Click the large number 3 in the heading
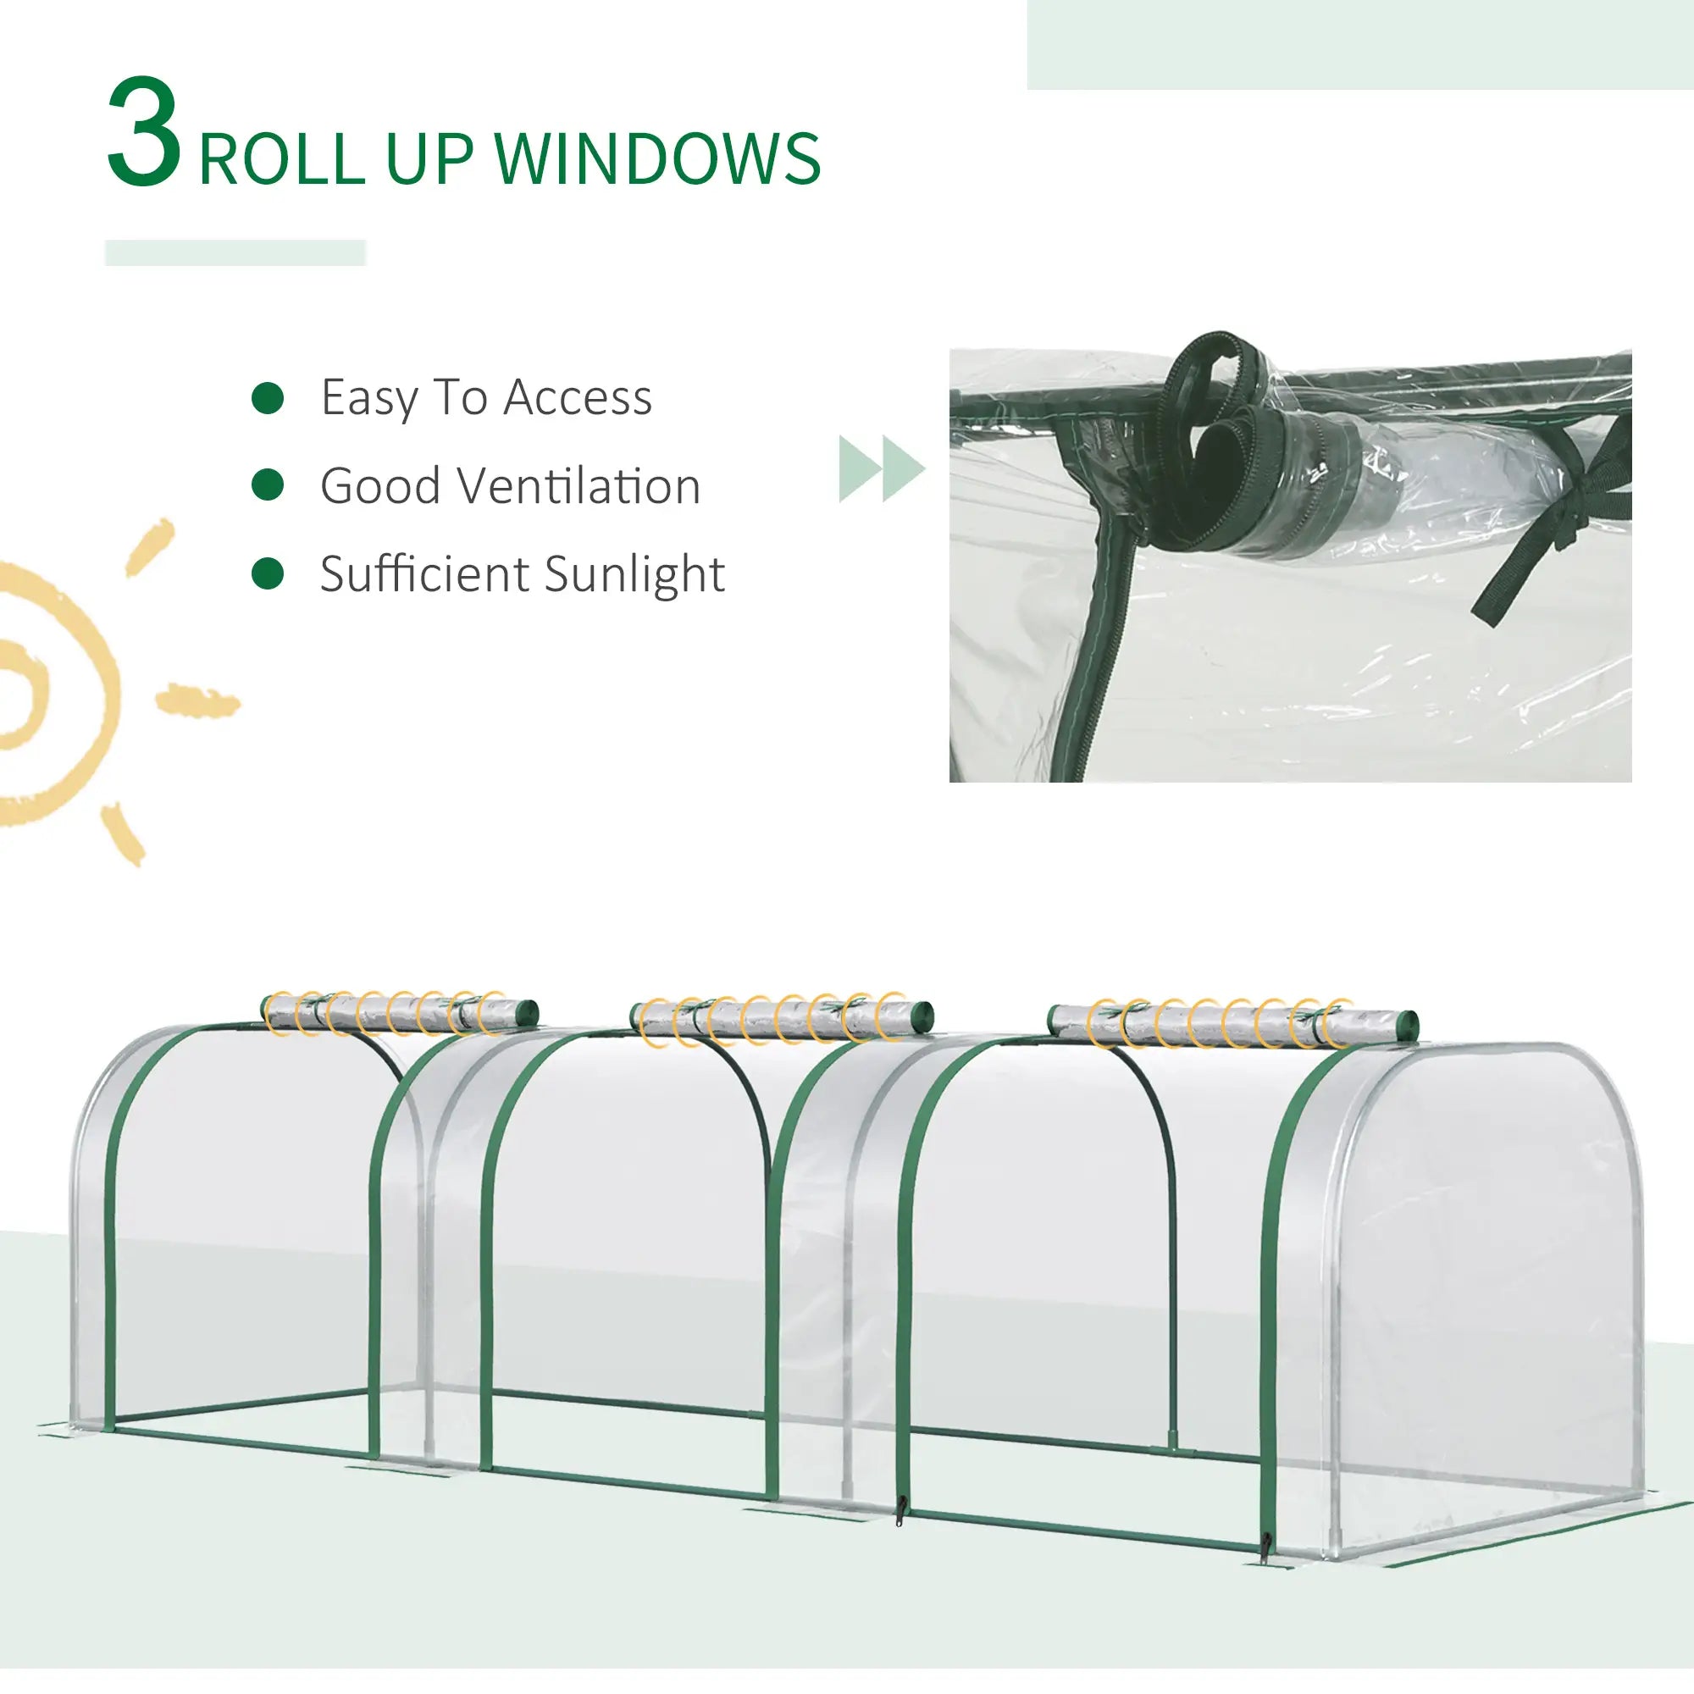pos(144,133)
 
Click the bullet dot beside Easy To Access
pos(268,397)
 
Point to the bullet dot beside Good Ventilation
pos(268,484)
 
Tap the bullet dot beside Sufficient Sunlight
pos(268,573)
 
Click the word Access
pos(578,397)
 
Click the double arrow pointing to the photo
pos(881,468)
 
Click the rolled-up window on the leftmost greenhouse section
pos(400,1015)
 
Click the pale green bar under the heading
pos(235,252)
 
